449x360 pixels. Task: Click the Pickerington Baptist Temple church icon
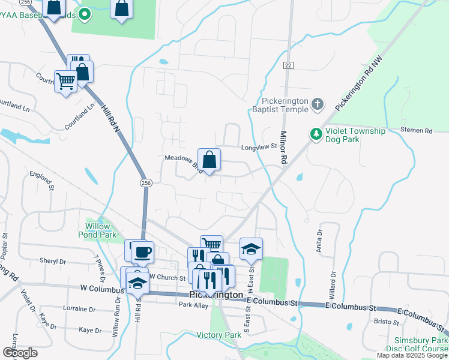(x=318, y=105)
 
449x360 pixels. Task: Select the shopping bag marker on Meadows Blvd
(x=209, y=160)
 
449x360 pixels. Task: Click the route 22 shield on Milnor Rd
(x=289, y=65)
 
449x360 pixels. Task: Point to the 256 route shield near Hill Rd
(x=145, y=183)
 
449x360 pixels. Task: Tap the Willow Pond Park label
(x=97, y=230)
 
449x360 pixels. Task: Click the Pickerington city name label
(x=215, y=295)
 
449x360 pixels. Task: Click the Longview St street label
(x=258, y=146)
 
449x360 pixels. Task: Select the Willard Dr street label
(x=333, y=281)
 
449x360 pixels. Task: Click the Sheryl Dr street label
(x=52, y=261)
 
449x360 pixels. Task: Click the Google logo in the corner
(x=20, y=353)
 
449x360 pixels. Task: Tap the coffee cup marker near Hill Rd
(x=142, y=253)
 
